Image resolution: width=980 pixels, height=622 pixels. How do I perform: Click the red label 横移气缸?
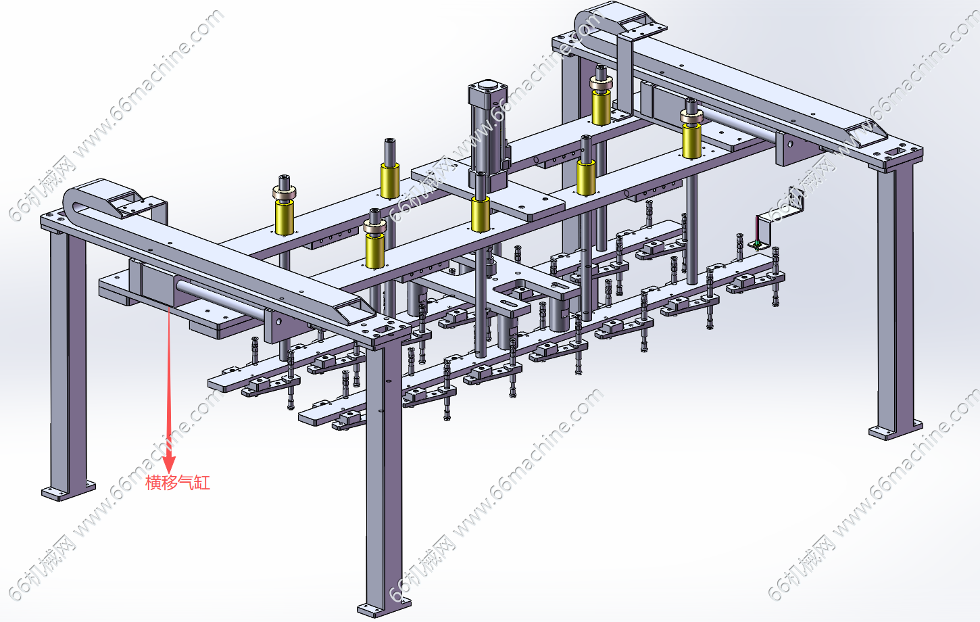(x=178, y=482)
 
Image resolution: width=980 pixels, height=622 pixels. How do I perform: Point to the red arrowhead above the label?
(x=169, y=464)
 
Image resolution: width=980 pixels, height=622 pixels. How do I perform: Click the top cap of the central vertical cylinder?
(x=488, y=86)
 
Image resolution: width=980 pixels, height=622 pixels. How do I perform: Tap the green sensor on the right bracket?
(x=756, y=243)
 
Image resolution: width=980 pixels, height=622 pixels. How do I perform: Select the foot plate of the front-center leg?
(x=384, y=608)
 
